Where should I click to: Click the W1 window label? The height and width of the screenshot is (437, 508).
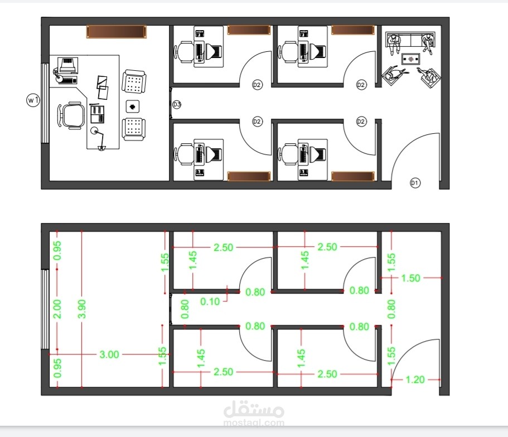33,100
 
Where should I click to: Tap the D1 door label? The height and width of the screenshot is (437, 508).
415,183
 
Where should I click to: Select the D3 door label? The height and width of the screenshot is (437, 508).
177,105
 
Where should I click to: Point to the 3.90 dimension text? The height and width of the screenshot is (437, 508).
82,309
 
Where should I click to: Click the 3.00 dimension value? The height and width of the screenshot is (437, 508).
109,355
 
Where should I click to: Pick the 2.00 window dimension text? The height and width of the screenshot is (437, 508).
57,309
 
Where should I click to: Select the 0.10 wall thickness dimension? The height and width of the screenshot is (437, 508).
210,302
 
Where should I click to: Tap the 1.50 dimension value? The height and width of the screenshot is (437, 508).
410,278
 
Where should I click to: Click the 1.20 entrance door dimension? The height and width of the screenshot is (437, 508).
415,380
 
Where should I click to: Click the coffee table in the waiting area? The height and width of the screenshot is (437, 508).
411,59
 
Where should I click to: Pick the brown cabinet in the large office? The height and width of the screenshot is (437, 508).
117,32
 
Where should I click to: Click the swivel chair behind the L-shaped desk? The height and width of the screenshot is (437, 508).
71,115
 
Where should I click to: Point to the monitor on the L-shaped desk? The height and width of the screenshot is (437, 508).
67,65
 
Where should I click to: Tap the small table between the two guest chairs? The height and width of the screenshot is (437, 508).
132,106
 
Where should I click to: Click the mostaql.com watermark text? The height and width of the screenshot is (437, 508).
254,423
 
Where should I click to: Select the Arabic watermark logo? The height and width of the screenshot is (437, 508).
254,409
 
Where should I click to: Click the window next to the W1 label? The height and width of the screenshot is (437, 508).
45,103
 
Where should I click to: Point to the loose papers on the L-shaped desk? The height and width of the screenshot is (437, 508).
103,87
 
